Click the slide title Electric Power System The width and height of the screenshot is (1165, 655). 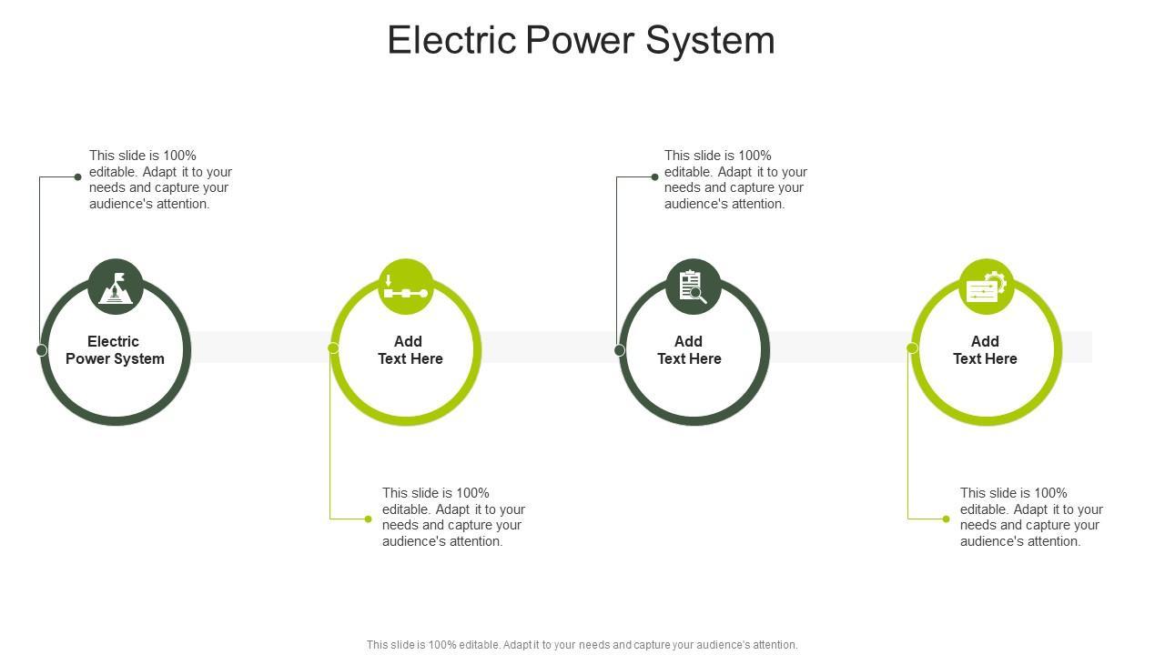(581, 41)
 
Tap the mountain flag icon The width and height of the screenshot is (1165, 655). (116, 287)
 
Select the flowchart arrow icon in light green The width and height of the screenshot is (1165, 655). (406, 287)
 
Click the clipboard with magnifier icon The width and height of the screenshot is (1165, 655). (694, 287)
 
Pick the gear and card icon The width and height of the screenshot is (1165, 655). (987, 287)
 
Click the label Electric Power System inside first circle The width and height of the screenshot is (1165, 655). (115, 350)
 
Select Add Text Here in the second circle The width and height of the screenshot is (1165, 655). (410, 350)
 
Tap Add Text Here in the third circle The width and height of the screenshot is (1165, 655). (689, 350)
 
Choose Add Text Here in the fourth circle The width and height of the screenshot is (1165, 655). (985, 350)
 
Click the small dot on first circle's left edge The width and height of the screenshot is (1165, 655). (42, 350)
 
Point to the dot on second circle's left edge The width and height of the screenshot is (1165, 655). (333, 348)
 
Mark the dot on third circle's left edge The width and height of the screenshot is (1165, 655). (620, 350)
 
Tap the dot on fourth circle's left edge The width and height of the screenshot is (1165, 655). (912, 348)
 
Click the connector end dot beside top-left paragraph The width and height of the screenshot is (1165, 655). (78, 177)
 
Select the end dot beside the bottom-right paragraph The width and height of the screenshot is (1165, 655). (947, 519)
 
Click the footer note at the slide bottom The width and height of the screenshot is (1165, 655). (582, 645)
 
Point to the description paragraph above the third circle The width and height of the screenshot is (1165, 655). (735, 180)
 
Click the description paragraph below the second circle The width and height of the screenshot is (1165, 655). (453, 518)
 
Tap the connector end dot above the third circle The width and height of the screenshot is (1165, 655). (654, 177)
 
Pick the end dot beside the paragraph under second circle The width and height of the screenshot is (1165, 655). (369, 519)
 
